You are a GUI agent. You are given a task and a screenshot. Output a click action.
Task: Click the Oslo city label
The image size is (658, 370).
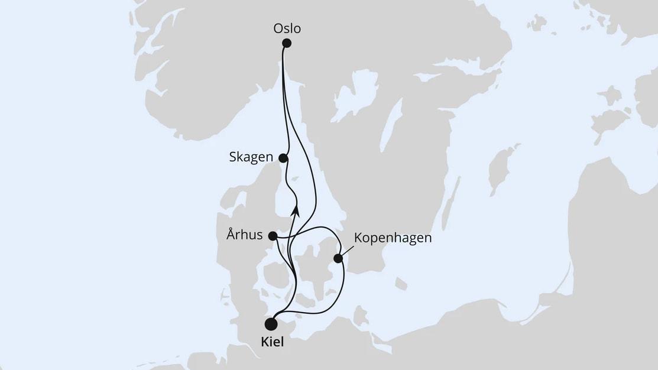tap(287, 28)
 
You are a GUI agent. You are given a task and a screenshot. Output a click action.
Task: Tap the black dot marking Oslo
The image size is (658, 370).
tap(287, 43)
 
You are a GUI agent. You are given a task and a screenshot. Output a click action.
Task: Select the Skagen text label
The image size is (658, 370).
tap(251, 157)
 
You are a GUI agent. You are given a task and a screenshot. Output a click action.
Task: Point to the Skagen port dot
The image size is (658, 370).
tap(283, 158)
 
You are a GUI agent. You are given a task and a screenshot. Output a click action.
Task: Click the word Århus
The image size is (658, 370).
tap(244, 235)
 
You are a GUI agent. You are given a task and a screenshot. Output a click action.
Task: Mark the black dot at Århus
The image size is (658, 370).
tap(273, 236)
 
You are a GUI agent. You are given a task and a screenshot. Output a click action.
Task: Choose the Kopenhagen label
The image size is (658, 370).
tap(393, 238)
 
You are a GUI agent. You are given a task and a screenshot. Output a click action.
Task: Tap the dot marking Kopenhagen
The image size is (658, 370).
tap(338, 258)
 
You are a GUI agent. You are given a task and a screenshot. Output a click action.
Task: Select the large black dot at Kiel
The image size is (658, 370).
tap(271, 324)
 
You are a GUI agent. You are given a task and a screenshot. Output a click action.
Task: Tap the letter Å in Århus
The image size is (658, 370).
tap(231, 235)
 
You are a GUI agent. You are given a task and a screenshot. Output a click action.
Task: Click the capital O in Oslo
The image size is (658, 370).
tap(278, 28)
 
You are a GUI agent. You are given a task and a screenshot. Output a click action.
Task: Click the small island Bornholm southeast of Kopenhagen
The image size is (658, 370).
tap(401, 284)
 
